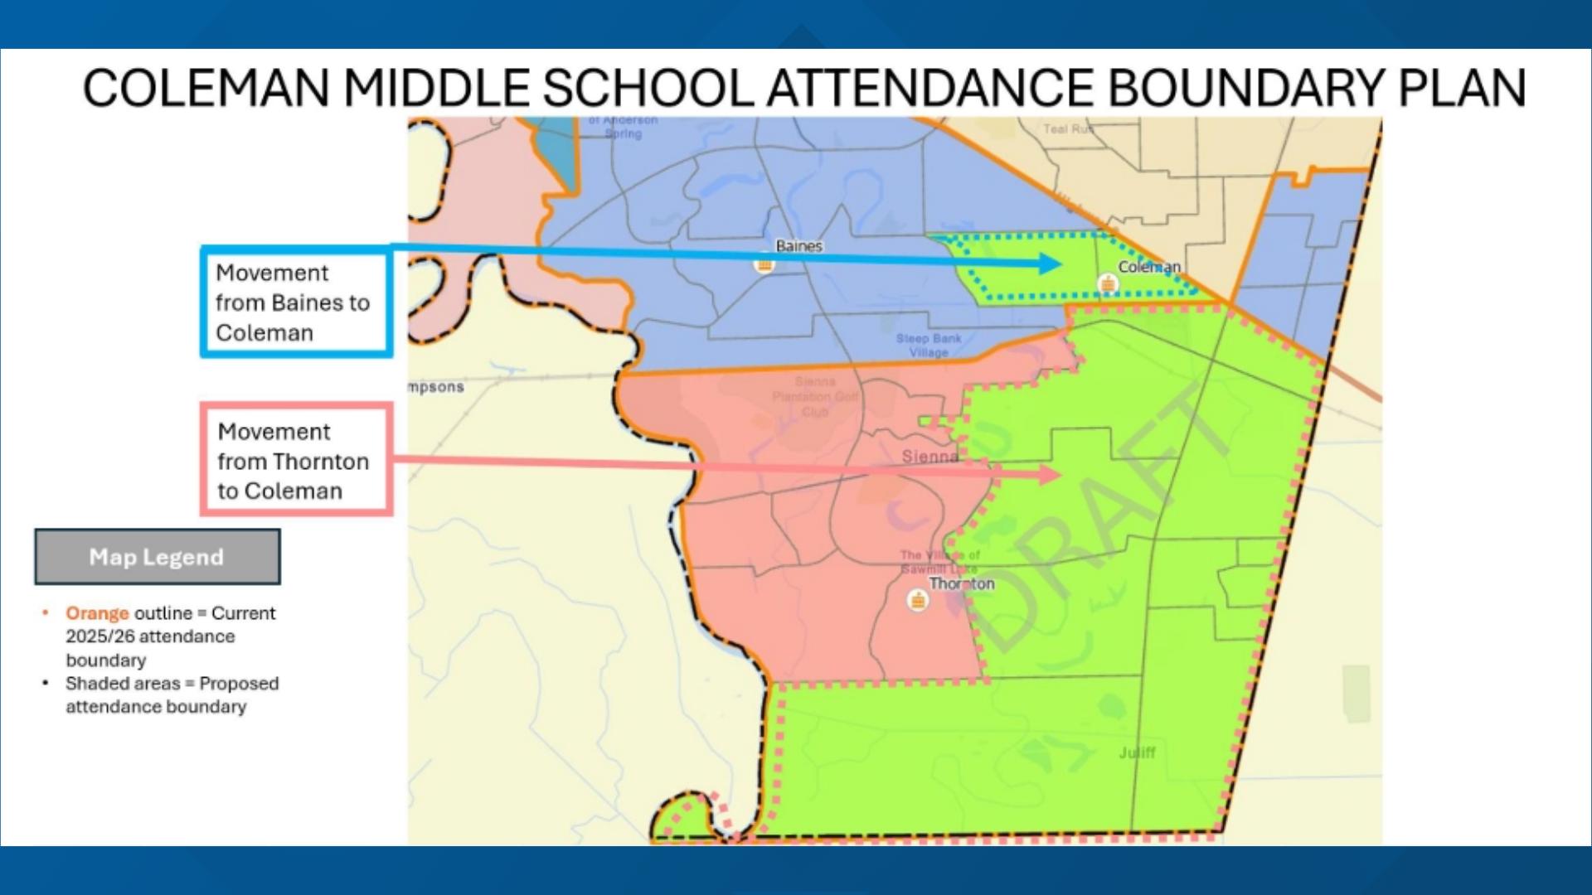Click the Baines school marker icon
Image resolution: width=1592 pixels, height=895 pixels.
pyautogui.click(x=764, y=265)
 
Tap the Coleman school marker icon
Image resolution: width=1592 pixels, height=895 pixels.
pyautogui.click(x=1108, y=285)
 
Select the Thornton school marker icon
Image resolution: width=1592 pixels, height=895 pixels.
pyautogui.click(x=918, y=601)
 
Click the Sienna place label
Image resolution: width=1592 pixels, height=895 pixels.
pyautogui.click(x=929, y=457)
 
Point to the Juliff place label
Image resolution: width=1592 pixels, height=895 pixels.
pyautogui.click(x=1137, y=752)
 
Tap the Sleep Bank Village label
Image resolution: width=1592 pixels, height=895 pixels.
pyautogui.click(x=929, y=346)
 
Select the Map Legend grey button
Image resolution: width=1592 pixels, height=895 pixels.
pyautogui.click(x=158, y=557)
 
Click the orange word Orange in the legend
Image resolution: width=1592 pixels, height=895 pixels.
pyautogui.click(x=97, y=613)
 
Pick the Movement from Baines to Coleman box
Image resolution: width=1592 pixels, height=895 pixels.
pyautogui.click(x=296, y=302)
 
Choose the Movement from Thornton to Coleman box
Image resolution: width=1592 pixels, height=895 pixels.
pyautogui.click(x=296, y=461)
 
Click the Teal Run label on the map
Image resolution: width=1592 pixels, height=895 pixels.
pyautogui.click(x=1068, y=128)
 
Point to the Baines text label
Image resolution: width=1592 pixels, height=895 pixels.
pyautogui.click(x=798, y=246)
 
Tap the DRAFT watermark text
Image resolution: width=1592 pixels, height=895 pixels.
pyautogui.click(x=1103, y=522)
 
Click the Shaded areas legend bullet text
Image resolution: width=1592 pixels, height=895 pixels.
pyautogui.click(x=172, y=694)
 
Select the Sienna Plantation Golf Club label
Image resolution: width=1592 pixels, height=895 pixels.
pyautogui.click(x=815, y=396)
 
